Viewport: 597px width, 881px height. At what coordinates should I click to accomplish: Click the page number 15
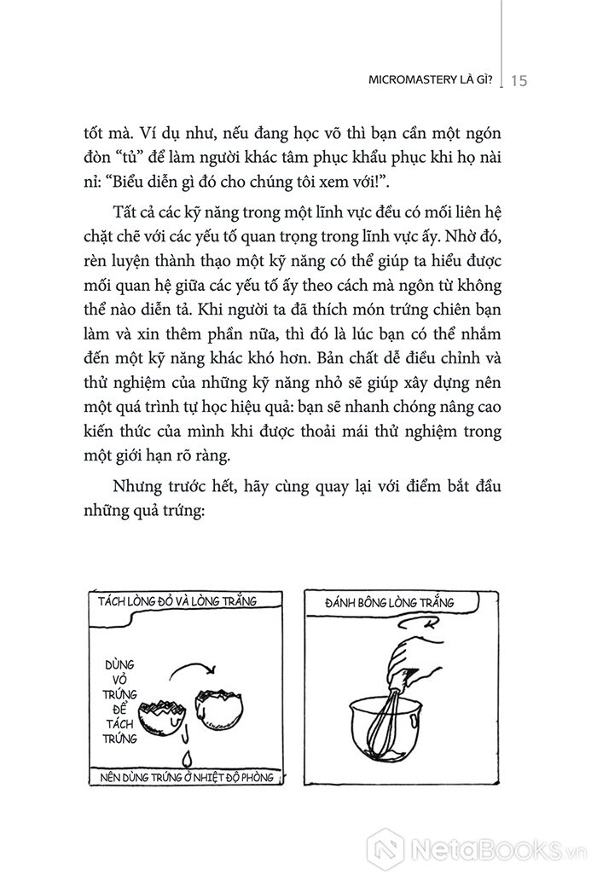522,80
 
